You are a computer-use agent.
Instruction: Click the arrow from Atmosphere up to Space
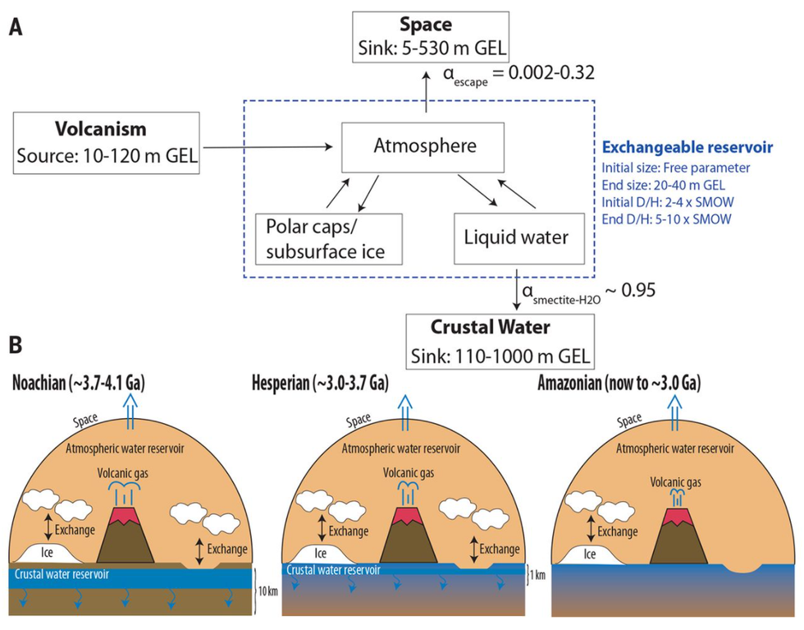(426, 90)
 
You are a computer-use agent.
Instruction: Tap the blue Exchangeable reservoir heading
(686, 148)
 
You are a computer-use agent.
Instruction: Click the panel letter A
(16, 27)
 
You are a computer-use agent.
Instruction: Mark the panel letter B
(16, 344)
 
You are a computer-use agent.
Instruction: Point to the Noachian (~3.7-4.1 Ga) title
(80, 384)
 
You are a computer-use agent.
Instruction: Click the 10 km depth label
(267, 591)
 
